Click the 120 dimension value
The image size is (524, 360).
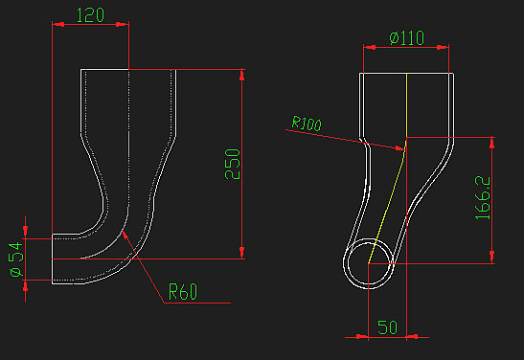point(90,15)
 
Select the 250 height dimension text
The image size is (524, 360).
point(233,164)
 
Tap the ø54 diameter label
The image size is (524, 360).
point(16,259)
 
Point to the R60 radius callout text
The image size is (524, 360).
point(183,291)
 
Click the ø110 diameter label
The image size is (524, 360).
point(407,37)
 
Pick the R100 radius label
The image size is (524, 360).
point(307,124)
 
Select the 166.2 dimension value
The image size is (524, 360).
point(483,197)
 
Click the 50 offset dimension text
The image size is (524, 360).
point(387,327)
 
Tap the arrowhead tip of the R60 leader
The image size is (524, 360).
point(123,232)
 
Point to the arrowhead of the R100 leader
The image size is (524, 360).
point(404,149)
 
